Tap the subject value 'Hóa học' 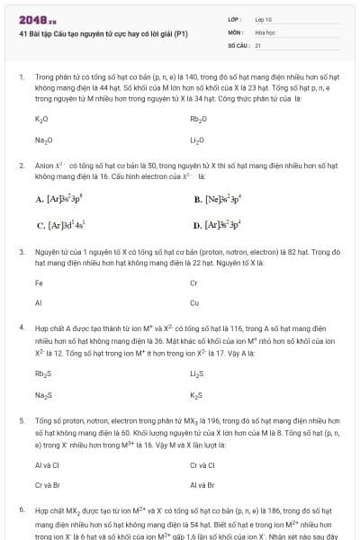click(265, 31)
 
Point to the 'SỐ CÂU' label click(238, 44)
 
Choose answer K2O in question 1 click(41, 119)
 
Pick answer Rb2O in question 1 click(198, 119)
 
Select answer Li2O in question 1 click(197, 139)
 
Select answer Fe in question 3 click(39, 283)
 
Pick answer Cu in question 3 click(194, 303)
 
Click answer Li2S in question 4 click(197, 374)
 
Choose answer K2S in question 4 click(196, 395)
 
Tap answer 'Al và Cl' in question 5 click(47, 465)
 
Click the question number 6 click(21, 509)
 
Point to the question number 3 click(21, 252)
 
